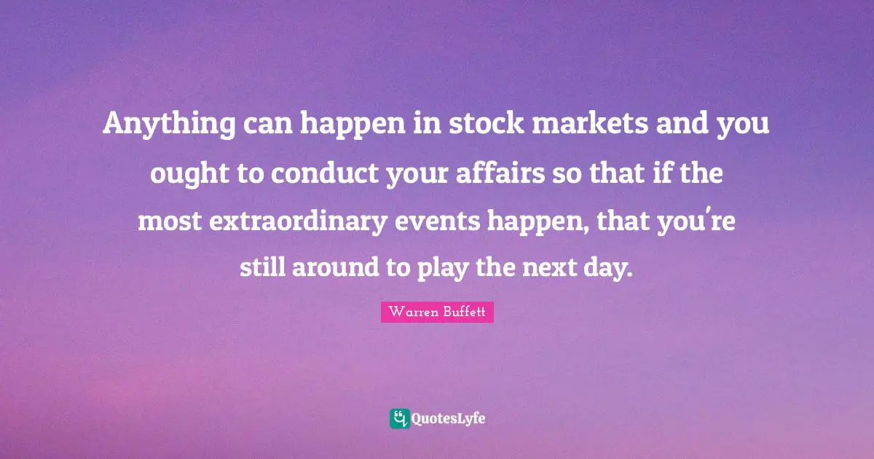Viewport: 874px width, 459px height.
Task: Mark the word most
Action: point(168,221)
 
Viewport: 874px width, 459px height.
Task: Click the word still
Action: point(262,269)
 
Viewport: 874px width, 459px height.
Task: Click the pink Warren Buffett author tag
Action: point(437,313)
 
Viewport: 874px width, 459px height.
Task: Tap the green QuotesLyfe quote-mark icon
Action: point(399,418)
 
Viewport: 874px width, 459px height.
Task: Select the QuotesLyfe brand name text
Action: point(449,419)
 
